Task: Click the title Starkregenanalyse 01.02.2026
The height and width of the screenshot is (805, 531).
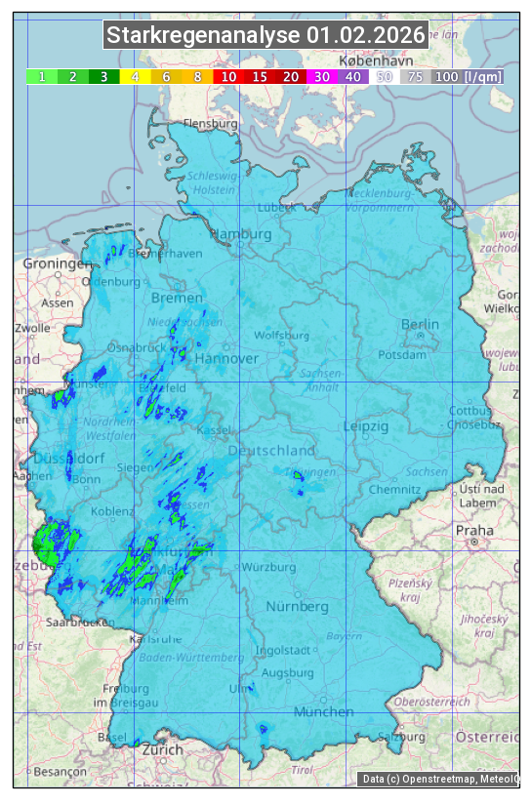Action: [265, 36]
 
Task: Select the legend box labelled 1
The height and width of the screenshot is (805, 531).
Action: [42, 76]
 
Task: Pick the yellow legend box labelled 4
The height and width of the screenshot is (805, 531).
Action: [136, 76]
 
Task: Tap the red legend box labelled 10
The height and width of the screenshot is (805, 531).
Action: [228, 76]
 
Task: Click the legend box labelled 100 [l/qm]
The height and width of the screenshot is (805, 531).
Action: [455, 76]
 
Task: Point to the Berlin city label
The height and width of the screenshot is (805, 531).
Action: [420, 325]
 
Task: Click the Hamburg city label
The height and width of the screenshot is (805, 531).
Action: [241, 235]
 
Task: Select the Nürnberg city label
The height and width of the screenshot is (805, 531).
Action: [298, 606]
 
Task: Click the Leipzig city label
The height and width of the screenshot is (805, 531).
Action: [366, 426]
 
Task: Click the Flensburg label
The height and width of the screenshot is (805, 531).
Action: [210, 125]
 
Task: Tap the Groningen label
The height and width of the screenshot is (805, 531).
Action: [56, 264]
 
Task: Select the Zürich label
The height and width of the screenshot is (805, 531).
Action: [161, 750]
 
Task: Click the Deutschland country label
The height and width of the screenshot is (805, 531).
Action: [271, 451]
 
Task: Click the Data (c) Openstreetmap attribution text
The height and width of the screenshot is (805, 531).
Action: [439, 779]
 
